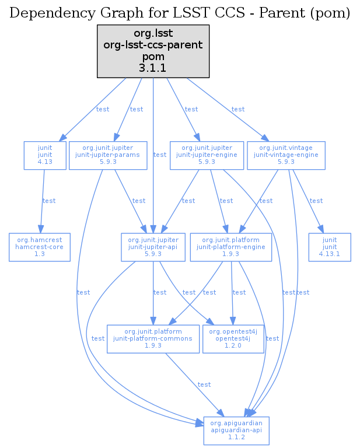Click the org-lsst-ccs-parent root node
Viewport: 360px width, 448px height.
coord(153,51)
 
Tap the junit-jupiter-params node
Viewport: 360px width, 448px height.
coord(107,155)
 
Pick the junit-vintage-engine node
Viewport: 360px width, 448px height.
coord(286,155)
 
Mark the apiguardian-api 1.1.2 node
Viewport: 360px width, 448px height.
coord(236,430)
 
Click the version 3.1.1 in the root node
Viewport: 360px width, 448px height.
coord(153,68)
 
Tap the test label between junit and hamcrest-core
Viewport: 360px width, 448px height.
coord(49,201)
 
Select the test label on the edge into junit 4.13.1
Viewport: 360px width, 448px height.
coord(316,201)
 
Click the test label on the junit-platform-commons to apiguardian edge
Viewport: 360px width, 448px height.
coord(204,385)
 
